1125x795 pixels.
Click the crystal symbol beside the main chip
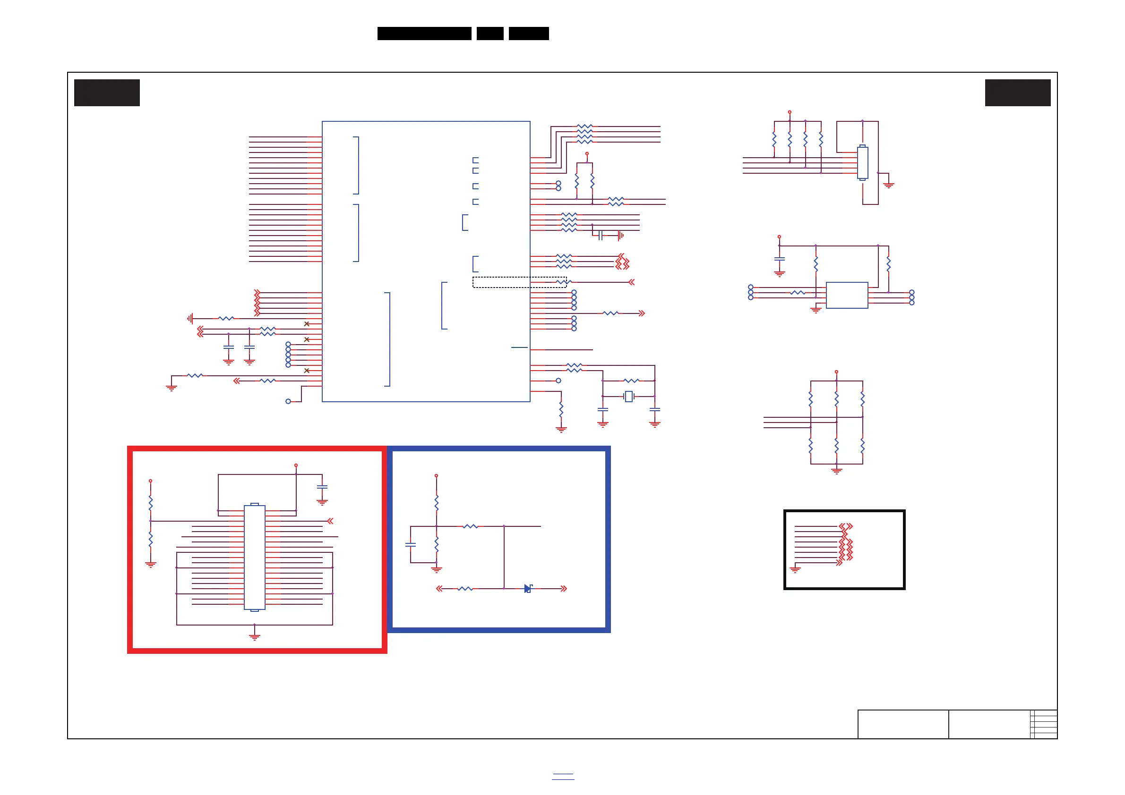(x=628, y=397)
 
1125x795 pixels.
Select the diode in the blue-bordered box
(x=528, y=588)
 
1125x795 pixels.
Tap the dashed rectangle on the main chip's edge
(x=519, y=282)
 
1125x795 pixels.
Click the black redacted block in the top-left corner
(x=107, y=93)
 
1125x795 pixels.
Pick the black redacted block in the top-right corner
(x=1018, y=93)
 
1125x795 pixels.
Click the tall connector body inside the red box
(x=254, y=557)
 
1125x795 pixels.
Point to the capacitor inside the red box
(x=322, y=487)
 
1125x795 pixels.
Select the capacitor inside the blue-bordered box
(x=411, y=544)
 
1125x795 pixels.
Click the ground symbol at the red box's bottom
(x=254, y=636)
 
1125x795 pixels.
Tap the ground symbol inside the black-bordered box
(x=795, y=569)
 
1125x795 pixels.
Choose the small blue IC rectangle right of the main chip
(x=847, y=295)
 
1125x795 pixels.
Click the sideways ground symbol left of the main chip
(x=190, y=319)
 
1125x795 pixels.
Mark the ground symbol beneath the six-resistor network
(x=836, y=471)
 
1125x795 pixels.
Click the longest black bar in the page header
(x=424, y=34)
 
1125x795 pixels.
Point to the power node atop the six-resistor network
(x=836, y=372)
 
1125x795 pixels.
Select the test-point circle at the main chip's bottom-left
(x=288, y=401)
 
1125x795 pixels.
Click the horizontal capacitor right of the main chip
(x=600, y=236)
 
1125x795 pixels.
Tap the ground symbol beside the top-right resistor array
(x=888, y=185)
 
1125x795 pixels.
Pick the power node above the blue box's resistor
(x=436, y=476)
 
